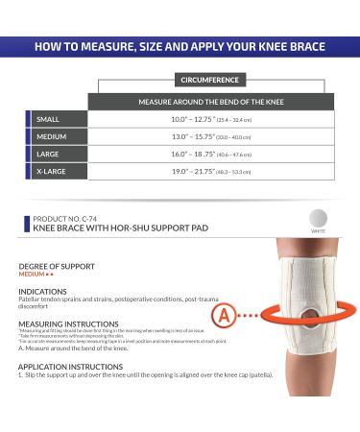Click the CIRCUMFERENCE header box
tap(205, 80)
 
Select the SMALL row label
tap(47, 119)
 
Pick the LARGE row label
tap(47, 154)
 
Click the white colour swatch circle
tap(318, 219)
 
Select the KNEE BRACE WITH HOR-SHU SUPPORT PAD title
tap(99, 228)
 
